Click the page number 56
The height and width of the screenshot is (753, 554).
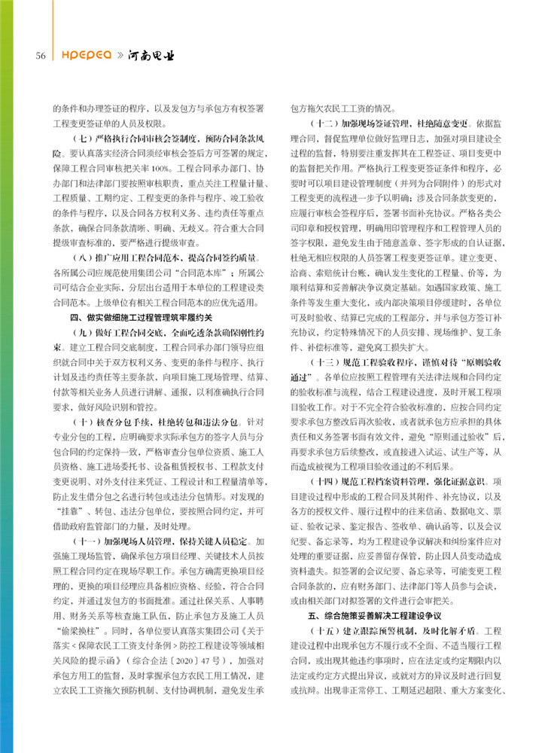click(39, 56)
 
